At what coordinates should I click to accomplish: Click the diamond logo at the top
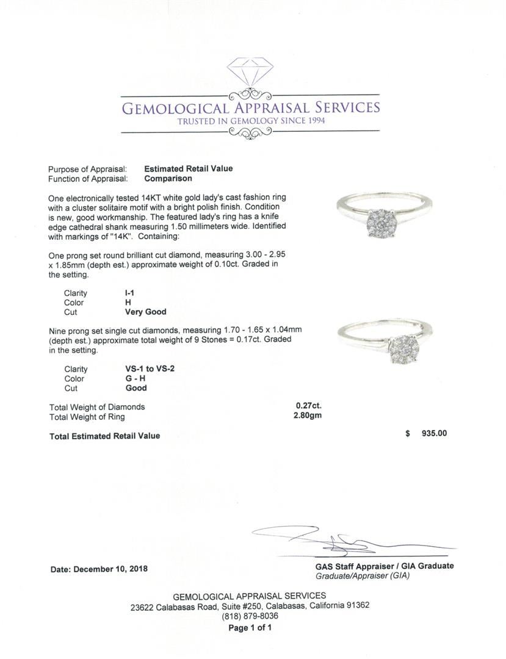[250, 72]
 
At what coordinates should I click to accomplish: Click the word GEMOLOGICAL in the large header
[175, 109]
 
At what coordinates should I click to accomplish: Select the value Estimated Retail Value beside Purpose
[188, 169]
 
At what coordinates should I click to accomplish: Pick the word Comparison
[168, 179]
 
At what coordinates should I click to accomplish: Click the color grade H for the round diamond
[128, 303]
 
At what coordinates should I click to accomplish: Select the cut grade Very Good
[145, 312]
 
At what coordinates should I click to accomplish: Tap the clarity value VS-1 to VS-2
[150, 369]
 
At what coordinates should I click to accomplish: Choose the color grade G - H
[135, 379]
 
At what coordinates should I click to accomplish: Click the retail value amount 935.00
[434, 434]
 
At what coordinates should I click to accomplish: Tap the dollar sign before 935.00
[407, 434]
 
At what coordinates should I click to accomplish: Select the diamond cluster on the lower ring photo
[402, 348]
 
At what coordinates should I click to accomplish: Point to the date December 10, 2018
[98, 569]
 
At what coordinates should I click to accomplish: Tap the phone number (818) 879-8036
[250, 616]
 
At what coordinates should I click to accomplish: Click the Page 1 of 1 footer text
[250, 627]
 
